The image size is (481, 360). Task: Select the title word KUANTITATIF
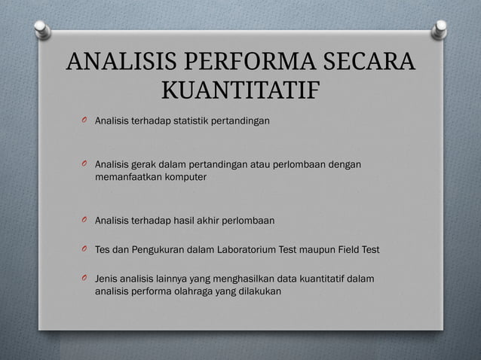[x=240, y=91]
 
